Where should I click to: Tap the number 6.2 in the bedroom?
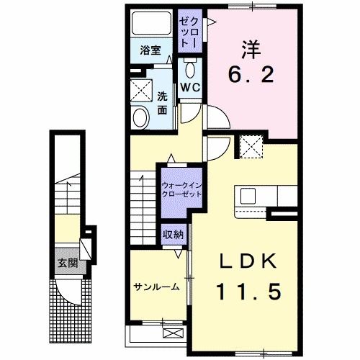click(251, 74)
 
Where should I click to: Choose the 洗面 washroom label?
click(163, 102)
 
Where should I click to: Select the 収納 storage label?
click(173, 234)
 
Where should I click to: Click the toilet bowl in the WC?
click(191, 70)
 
